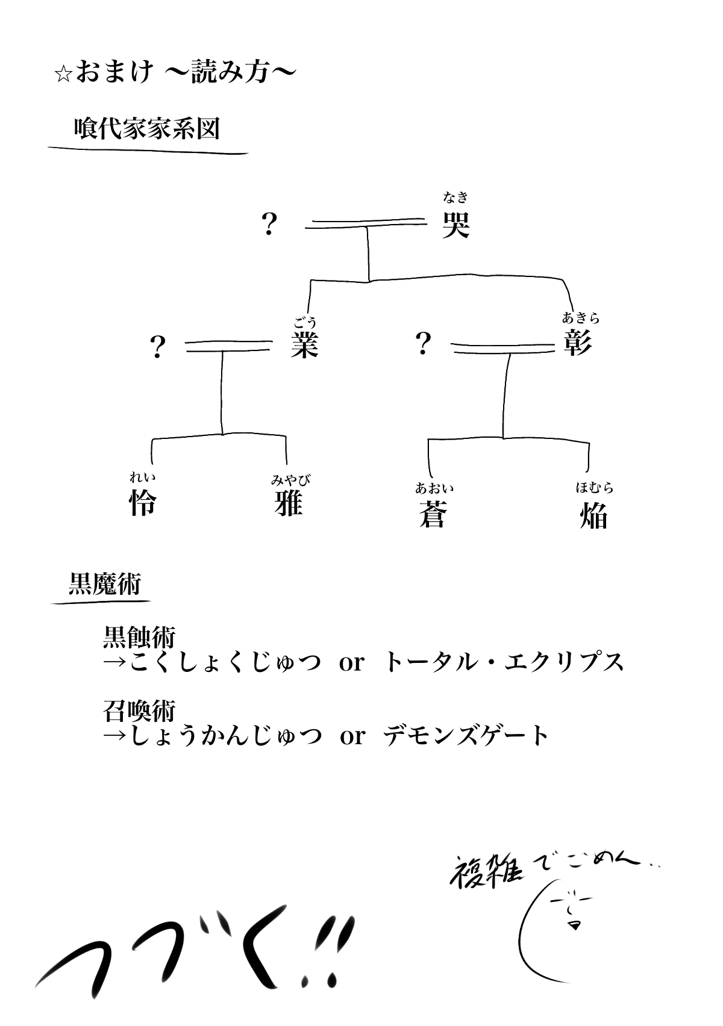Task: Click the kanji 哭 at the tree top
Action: [x=455, y=225]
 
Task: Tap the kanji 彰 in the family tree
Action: [x=577, y=343]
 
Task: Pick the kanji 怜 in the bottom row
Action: [x=143, y=503]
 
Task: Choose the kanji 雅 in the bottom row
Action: [x=289, y=503]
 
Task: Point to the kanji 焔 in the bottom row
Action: [x=593, y=516]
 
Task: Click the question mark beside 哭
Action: [x=269, y=225]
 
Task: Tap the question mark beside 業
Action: [x=157, y=347]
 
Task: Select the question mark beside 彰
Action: [x=423, y=344]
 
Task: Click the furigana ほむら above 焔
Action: [x=594, y=488]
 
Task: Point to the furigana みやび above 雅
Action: [x=290, y=480]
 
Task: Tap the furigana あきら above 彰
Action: [x=580, y=317]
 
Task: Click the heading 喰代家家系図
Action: [x=146, y=129]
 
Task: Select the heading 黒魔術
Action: [x=104, y=583]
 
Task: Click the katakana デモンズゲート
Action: [x=466, y=736]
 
